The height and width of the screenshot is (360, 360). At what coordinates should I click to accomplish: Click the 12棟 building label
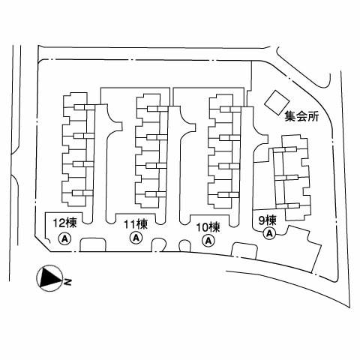pyautogui.click(x=65, y=223)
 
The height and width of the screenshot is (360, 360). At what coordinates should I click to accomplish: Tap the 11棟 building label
pyautogui.click(x=136, y=224)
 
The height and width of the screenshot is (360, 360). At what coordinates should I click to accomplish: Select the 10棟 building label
pyautogui.click(x=208, y=227)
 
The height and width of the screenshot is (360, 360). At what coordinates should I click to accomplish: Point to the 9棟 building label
pyautogui.click(x=268, y=220)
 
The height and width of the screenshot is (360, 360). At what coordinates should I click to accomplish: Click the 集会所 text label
pyautogui.click(x=302, y=116)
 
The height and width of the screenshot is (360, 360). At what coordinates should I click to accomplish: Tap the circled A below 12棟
pyautogui.click(x=64, y=239)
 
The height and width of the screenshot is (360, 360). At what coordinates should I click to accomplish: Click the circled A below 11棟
pyautogui.click(x=136, y=238)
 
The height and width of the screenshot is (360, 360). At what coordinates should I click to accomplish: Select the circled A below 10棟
pyautogui.click(x=208, y=241)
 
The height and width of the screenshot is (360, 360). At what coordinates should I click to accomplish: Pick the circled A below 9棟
pyautogui.click(x=269, y=233)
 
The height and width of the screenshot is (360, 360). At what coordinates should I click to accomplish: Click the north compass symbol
pyautogui.click(x=49, y=278)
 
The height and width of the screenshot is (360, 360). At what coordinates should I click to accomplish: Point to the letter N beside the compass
pyautogui.click(x=67, y=282)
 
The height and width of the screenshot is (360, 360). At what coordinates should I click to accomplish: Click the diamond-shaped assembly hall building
pyautogui.click(x=277, y=103)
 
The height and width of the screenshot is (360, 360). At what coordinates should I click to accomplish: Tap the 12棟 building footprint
pyautogui.click(x=78, y=149)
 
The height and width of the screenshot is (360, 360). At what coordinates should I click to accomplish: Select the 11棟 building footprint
pyautogui.click(x=151, y=151)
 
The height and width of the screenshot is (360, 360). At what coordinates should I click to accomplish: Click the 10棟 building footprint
pyautogui.click(x=224, y=151)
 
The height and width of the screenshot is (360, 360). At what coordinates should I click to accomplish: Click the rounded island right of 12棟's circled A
pyautogui.click(x=92, y=244)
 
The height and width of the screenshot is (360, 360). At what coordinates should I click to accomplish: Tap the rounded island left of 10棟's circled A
pyautogui.click(x=184, y=245)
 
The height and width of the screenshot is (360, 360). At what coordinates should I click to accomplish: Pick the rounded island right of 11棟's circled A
pyautogui.click(x=159, y=244)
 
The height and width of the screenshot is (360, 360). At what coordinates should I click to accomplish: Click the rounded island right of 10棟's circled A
pyautogui.click(x=244, y=250)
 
